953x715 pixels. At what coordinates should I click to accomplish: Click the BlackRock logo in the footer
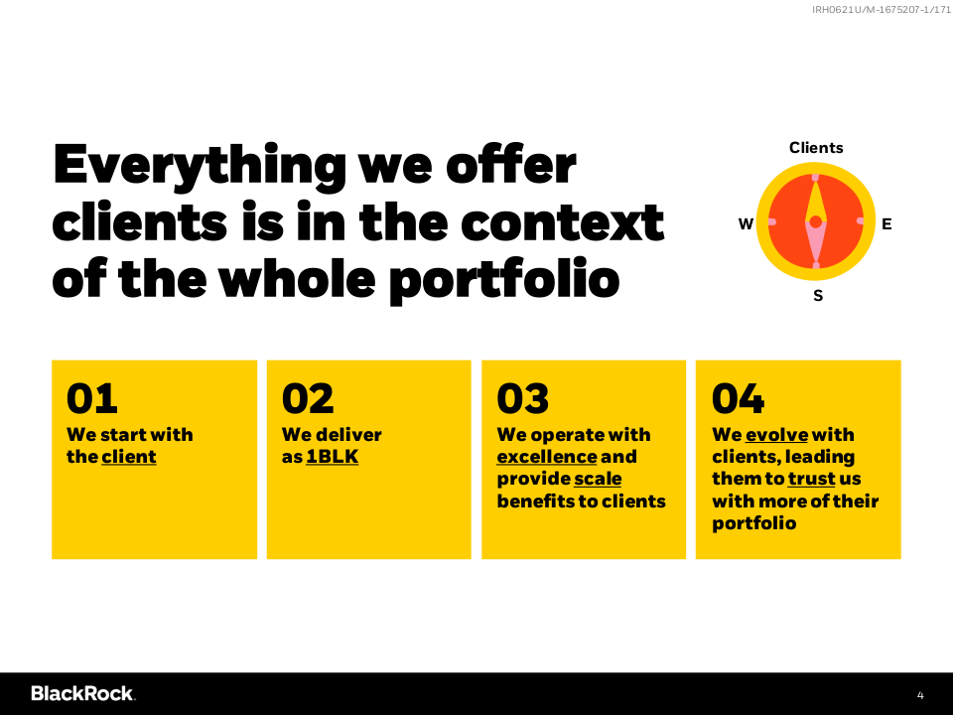(x=83, y=693)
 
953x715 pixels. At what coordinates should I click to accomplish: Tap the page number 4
(x=920, y=695)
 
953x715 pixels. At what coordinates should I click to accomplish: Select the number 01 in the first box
(x=91, y=398)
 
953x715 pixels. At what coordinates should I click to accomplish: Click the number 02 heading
(x=308, y=398)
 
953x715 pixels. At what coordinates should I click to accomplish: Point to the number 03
(x=523, y=398)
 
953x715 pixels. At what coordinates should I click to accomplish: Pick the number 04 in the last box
(x=738, y=398)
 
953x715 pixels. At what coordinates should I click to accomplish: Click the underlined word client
(x=129, y=457)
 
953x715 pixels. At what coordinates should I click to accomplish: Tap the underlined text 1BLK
(x=332, y=457)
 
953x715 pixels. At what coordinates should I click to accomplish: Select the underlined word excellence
(x=547, y=457)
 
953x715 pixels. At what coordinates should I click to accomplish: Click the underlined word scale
(x=598, y=479)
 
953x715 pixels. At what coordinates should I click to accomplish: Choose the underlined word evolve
(x=776, y=435)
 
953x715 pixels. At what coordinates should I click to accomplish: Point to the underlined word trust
(x=812, y=479)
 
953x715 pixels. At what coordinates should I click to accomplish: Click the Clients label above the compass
(x=816, y=148)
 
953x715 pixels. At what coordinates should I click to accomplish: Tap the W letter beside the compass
(x=746, y=224)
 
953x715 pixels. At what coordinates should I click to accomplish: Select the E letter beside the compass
(x=886, y=224)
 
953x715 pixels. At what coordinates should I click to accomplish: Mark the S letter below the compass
(x=818, y=296)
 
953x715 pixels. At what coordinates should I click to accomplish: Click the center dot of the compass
(x=816, y=221)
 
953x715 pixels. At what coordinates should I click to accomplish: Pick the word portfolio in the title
(x=504, y=280)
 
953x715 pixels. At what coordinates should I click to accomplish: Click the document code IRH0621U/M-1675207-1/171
(x=882, y=10)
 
